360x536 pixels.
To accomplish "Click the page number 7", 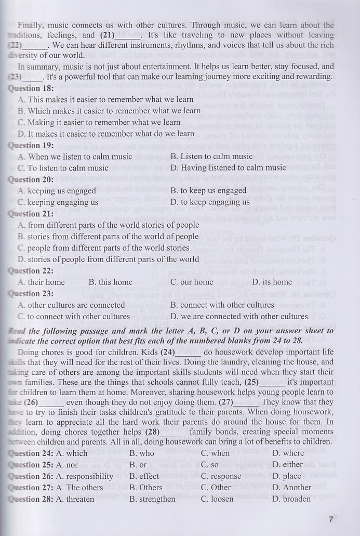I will [331, 518].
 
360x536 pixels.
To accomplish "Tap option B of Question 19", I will [211, 156].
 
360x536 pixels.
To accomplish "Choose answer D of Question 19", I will [228, 168].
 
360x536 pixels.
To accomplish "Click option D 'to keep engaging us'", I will [210, 202].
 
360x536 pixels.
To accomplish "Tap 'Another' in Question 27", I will [291, 488].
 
